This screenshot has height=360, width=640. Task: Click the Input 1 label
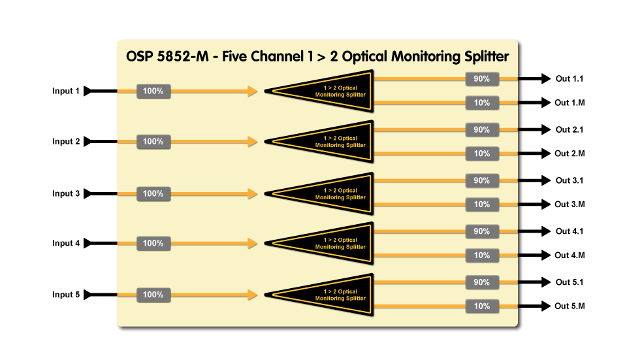(x=66, y=91)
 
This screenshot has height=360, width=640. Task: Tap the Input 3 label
(x=66, y=193)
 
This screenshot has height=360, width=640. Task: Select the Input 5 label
(x=66, y=295)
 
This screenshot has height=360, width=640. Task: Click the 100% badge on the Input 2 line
(x=153, y=141)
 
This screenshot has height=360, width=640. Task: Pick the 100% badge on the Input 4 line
(x=153, y=243)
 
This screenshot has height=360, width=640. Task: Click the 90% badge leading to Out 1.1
(x=482, y=79)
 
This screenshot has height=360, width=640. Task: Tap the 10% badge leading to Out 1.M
(x=482, y=103)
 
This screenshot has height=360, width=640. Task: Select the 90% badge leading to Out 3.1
(x=482, y=180)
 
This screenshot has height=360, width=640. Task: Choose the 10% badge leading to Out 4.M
(x=482, y=255)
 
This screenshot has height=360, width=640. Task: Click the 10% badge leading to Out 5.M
(x=482, y=306)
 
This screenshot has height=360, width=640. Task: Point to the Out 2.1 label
(x=569, y=130)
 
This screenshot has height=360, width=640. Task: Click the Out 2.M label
(x=569, y=154)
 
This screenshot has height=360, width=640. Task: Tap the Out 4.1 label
(x=569, y=231)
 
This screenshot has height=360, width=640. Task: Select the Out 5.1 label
(x=569, y=282)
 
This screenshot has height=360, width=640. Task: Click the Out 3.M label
(x=569, y=205)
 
